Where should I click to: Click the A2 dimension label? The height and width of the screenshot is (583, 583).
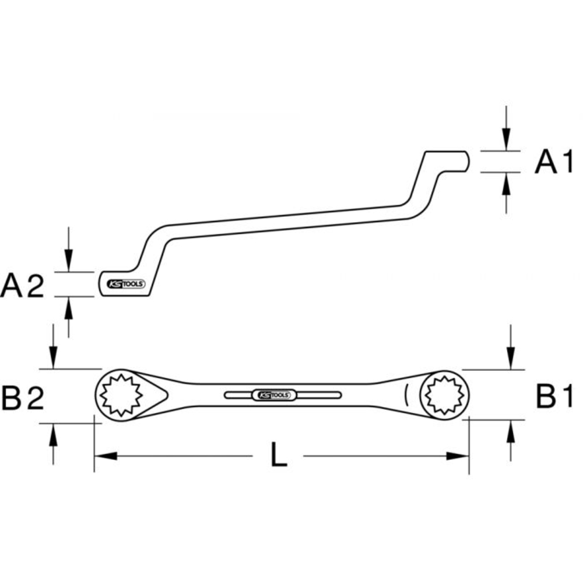tap(23, 285)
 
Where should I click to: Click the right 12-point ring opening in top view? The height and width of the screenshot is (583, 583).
tap(445, 395)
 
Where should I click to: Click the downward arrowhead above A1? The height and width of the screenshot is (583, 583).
tap(507, 143)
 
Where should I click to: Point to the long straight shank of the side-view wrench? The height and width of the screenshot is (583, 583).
tap(286, 219)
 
